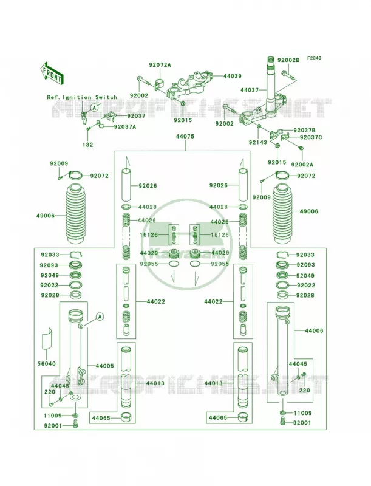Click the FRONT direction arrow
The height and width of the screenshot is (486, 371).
point(52,74)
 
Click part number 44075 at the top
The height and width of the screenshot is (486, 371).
point(185,136)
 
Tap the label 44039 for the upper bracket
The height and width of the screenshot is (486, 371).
point(233,76)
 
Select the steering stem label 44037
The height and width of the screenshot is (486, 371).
point(250,90)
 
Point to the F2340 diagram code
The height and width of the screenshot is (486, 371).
point(315,58)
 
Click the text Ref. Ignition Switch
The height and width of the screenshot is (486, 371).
point(82,97)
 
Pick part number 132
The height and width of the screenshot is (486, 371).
point(87,145)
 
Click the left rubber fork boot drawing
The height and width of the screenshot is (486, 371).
point(76,214)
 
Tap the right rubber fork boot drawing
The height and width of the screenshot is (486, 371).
point(285,214)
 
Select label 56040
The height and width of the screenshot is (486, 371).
point(47,363)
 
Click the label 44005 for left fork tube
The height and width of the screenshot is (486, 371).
point(104,366)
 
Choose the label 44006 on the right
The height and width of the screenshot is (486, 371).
point(314,330)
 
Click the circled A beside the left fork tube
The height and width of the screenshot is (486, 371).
point(100,317)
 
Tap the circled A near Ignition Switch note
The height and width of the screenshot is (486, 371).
point(95,108)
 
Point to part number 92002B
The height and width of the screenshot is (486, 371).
point(288,60)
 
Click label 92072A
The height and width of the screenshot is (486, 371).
point(160,65)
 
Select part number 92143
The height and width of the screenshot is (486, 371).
point(257,143)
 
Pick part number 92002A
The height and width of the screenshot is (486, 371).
point(302,165)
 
